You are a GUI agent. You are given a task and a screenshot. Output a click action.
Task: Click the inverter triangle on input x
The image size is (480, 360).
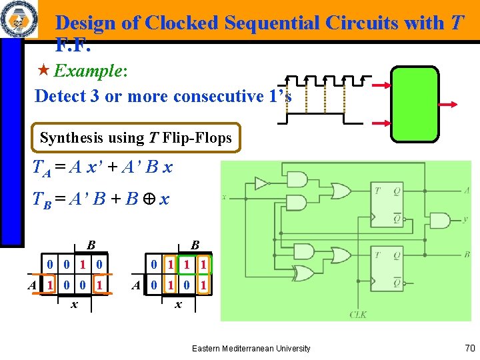[261, 183]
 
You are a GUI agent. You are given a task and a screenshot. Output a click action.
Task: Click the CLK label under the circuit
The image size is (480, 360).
[358, 314]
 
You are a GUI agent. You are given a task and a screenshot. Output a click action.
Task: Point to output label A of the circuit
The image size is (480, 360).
[467, 190]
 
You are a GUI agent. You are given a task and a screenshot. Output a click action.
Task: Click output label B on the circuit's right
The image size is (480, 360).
[467, 255]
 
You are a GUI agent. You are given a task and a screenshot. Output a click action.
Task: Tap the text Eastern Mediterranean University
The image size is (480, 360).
[251, 348]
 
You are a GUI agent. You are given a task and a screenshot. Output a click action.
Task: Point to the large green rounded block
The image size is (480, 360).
[414, 104]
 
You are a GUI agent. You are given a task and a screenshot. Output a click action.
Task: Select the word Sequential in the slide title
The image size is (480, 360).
[273, 23]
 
